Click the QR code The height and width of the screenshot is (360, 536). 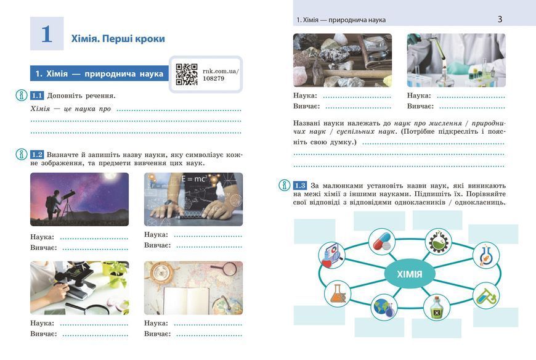187,74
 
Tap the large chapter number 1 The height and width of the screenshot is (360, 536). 47,34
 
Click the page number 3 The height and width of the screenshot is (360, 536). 500,19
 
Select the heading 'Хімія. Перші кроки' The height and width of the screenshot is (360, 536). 118,39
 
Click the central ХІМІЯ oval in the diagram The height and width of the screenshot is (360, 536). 410,274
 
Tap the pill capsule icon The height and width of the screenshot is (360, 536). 382,242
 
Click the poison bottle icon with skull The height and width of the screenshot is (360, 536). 437,308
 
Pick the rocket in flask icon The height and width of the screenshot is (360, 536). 486,255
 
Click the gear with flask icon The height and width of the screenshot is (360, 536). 439,241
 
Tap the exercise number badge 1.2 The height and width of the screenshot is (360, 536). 37,155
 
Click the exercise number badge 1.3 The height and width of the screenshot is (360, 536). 300,186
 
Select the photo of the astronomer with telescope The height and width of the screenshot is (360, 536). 79,199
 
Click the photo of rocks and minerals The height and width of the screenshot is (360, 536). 343,60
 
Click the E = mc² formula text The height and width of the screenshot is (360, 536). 194,179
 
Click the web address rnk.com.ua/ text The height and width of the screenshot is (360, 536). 221,71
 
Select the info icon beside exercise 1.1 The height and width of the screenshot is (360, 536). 22,96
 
